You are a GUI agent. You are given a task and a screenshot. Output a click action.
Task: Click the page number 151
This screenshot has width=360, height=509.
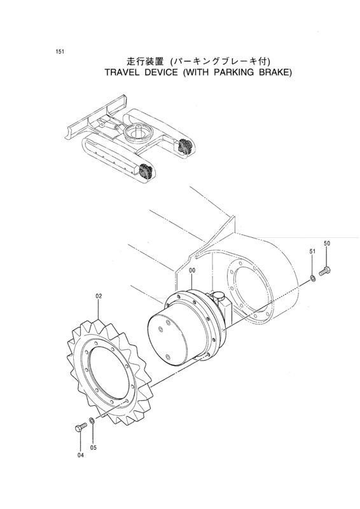tap(59, 52)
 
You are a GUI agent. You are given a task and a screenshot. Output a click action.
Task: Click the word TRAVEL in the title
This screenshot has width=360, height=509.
tap(120, 73)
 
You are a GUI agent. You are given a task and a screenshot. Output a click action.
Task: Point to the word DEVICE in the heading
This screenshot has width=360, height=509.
tap(160, 73)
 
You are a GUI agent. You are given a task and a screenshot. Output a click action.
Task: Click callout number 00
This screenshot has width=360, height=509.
tap(192, 270)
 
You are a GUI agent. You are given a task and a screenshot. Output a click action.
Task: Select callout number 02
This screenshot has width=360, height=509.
tap(99, 296)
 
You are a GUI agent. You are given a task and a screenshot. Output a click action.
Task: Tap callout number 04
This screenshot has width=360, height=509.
tap(81, 456)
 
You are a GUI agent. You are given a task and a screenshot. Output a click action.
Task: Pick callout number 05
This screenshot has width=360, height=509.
tap(93, 448)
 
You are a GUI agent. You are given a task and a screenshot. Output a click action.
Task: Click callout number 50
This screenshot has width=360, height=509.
tap(327, 244)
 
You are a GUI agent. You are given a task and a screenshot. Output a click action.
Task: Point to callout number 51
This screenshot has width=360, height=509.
tap(312, 251)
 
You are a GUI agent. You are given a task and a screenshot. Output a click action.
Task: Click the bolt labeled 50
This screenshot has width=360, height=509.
tap(324, 270)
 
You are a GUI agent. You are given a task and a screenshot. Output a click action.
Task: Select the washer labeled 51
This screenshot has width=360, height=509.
tap(312, 277)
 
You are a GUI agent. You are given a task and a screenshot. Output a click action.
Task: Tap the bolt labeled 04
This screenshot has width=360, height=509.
tap(81, 427)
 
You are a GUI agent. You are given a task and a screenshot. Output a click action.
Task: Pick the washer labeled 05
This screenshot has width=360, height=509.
tap(92, 421)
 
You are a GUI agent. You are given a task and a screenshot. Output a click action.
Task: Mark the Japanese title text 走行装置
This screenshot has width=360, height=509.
tap(141, 61)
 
